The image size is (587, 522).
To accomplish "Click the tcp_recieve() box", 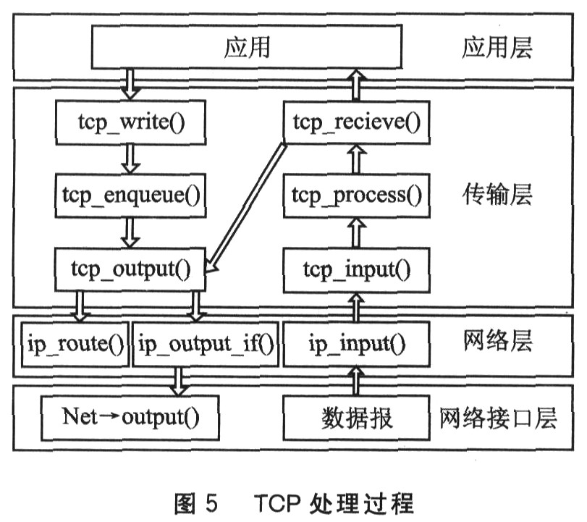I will (355, 122).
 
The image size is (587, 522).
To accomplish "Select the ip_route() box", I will (74, 344).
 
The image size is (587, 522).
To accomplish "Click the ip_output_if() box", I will (206, 344).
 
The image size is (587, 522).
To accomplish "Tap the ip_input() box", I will (355, 344).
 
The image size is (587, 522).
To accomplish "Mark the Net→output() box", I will (131, 418).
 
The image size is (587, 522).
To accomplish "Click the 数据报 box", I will (355, 418).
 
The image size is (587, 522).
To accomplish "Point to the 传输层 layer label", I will (497, 194).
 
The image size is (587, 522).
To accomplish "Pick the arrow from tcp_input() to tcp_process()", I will (355, 233).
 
